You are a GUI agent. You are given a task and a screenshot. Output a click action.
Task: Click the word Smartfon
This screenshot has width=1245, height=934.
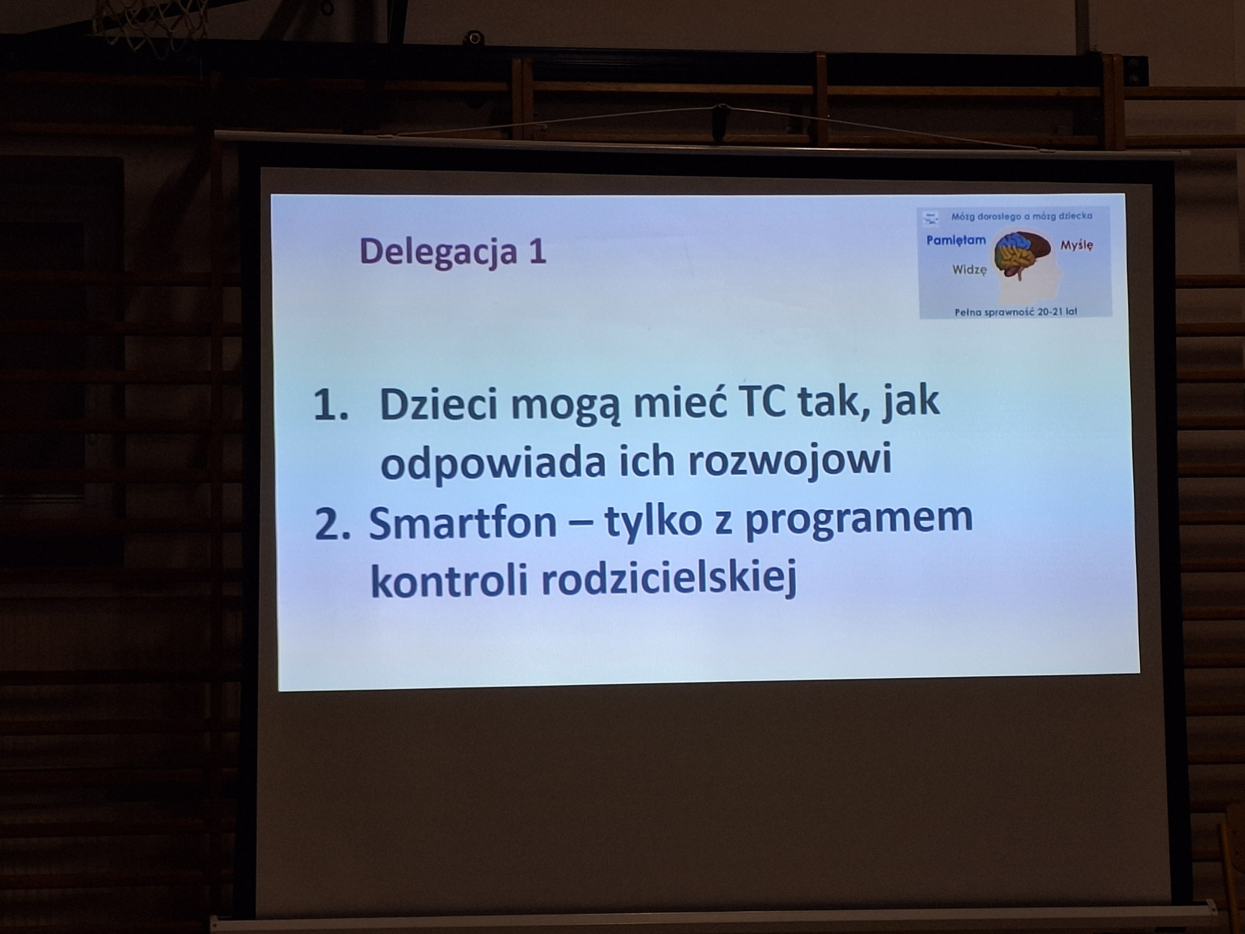462,523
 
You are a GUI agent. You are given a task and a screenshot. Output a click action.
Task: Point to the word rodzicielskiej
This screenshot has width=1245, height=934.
668,579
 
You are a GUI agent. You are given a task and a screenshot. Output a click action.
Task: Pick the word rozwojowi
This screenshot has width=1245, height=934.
789,460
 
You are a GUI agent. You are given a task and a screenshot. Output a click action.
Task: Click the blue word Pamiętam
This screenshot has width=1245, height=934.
956,241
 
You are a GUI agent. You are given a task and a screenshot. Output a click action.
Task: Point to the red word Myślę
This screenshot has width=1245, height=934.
1076,245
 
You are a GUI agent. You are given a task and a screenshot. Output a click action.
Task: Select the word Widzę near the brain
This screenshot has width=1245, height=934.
969,270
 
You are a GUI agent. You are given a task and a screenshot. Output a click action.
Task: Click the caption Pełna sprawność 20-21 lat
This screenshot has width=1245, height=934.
1015,312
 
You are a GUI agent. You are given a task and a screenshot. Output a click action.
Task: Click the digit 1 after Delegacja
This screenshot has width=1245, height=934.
537,252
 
